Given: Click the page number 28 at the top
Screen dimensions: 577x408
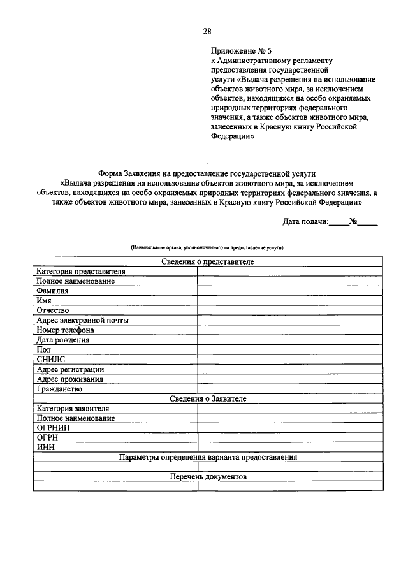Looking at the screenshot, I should pyautogui.click(x=207, y=31).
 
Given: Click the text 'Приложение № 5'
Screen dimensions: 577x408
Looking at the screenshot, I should pyautogui.click(x=235, y=50).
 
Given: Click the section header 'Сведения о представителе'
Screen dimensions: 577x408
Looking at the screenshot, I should pyautogui.click(x=208, y=261).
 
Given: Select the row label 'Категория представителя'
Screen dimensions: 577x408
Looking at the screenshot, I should pyautogui.click(x=81, y=271).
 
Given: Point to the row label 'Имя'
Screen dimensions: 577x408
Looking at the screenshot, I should pyautogui.click(x=44, y=300).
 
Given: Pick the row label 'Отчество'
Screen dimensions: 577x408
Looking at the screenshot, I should pyautogui.click(x=53, y=310).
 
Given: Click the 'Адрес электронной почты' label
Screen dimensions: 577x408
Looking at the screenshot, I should pyautogui.click(x=82, y=320).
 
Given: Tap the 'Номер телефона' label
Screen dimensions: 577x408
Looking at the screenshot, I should pyautogui.click(x=66, y=330).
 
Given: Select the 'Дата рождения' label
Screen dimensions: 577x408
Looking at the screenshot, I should pyautogui.click(x=62, y=340).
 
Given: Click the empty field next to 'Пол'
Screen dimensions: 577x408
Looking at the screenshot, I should pyautogui.click(x=290, y=349).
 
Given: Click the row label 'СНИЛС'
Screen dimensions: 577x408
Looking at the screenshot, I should pyautogui.click(x=51, y=359).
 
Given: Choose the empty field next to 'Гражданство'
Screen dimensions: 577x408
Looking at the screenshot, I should pyautogui.click(x=290, y=388).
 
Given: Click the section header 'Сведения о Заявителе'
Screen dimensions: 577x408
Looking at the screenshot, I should pyautogui.click(x=208, y=398).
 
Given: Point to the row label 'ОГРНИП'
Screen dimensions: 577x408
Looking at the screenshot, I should pyautogui.click(x=54, y=428).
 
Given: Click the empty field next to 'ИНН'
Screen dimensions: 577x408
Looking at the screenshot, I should pyautogui.click(x=290, y=447).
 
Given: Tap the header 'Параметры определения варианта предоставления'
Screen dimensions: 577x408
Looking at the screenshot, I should pyautogui.click(x=208, y=457).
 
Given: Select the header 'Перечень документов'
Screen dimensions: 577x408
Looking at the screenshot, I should pyautogui.click(x=208, y=476).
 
